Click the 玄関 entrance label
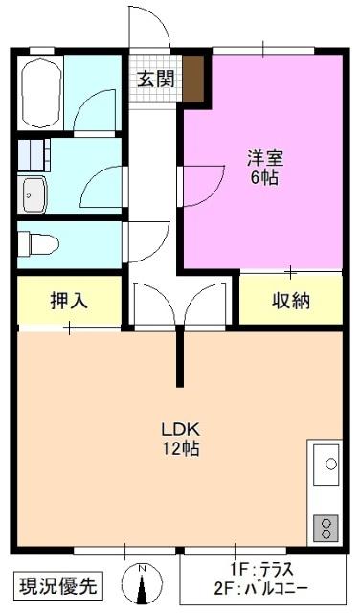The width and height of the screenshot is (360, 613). click(x=154, y=79)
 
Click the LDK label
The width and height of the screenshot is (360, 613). click(x=179, y=428)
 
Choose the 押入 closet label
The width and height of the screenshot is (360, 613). click(x=69, y=300)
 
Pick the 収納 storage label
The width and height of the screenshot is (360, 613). click(x=289, y=300)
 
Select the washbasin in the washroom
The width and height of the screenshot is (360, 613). click(x=35, y=194)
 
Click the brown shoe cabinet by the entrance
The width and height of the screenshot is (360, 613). click(x=194, y=79)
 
